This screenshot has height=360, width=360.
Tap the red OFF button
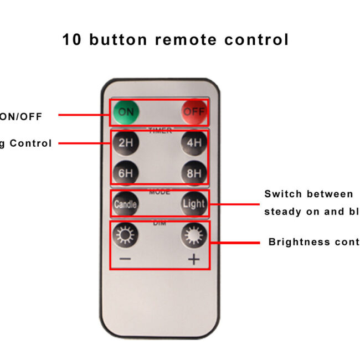pos(194,113)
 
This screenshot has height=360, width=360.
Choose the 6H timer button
pos(126,173)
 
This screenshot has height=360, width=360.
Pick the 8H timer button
pos(194,173)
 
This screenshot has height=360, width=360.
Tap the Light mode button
pos(194,204)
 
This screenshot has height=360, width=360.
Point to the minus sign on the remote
pos(126,259)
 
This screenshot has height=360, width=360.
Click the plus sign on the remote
pos(194,259)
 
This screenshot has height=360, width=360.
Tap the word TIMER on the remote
pos(160,131)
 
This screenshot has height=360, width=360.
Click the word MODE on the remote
pos(160,192)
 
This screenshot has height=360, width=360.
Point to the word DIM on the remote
pos(160,223)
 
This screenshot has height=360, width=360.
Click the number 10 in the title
pos(71,40)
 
